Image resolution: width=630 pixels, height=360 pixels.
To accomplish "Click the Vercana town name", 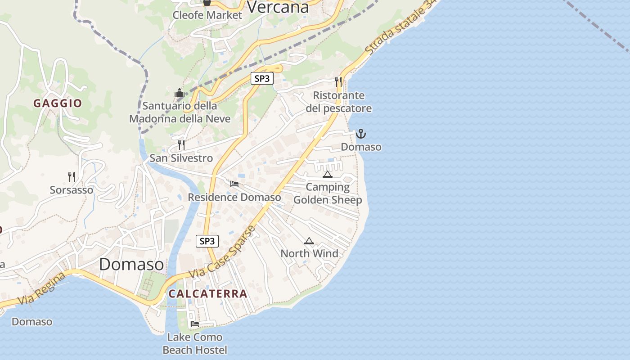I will point(278,7).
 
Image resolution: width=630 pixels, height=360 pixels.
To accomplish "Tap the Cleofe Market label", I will point(207,15).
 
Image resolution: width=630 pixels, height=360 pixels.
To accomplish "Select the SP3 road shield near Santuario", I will point(262,78).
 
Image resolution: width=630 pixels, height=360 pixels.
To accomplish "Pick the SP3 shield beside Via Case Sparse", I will point(207,241).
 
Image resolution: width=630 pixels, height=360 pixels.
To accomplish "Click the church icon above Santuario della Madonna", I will point(180,93).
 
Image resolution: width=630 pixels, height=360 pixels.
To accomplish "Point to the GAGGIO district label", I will point(58,103).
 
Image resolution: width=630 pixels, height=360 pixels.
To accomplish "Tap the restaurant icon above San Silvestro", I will point(181,144).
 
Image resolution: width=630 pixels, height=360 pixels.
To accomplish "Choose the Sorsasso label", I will point(72,190).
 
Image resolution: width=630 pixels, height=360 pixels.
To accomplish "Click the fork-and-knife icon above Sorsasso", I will point(71,176).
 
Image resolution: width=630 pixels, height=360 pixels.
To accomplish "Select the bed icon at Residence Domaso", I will point(234,184).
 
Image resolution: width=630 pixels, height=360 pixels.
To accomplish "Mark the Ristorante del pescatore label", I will point(339,102).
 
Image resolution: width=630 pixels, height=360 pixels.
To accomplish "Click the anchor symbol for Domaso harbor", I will point(360,134).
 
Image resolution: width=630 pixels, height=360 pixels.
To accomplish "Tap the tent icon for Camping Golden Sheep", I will point(327,174).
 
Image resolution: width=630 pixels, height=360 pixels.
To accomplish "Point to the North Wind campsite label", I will point(310,254).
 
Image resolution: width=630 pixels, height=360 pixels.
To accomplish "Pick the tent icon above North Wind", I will point(309,241).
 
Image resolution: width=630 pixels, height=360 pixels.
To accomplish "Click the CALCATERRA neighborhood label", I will point(208,294).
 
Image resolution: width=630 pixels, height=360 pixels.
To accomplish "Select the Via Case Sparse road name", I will point(223,252).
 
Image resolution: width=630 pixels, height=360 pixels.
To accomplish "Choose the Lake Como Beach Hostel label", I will point(195,343).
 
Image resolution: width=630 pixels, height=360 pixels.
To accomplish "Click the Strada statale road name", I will point(400,28).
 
